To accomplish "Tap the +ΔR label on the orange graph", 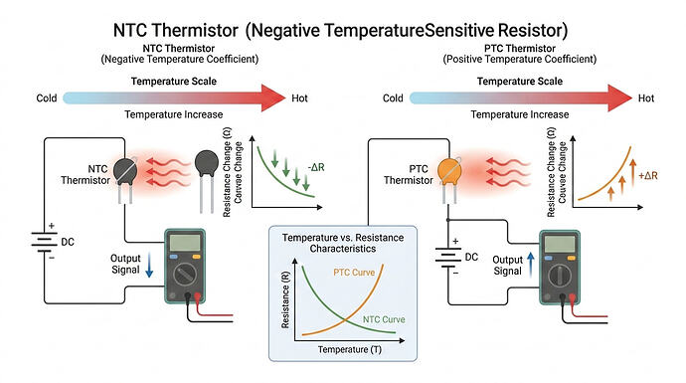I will [646, 176].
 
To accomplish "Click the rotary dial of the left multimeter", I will [185, 276].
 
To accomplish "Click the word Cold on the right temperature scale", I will [393, 98].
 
